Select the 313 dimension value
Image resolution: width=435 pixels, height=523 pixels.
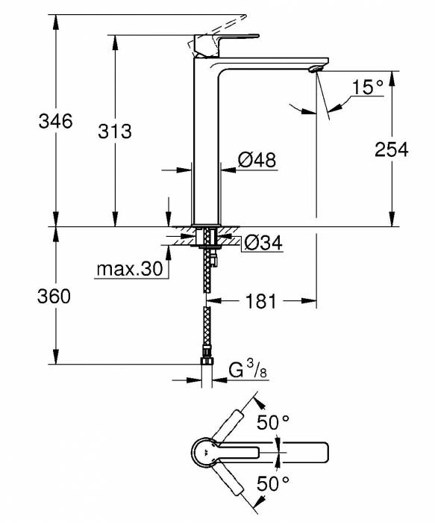pyautogui.click(x=114, y=131)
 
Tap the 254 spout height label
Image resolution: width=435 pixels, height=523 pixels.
pyautogui.click(x=392, y=149)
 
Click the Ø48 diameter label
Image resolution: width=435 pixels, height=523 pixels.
pyautogui.click(x=257, y=160)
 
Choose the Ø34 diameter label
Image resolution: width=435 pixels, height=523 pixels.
pyautogui.click(x=263, y=243)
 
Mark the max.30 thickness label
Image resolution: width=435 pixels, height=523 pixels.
pyautogui.click(x=128, y=269)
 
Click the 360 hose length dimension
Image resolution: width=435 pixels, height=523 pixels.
pyautogui.click(x=54, y=297)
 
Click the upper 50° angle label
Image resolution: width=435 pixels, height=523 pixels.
pyautogui.click(x=272, y=423)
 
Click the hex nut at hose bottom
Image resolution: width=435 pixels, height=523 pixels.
pyautogui.click(x=207, y=365)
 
